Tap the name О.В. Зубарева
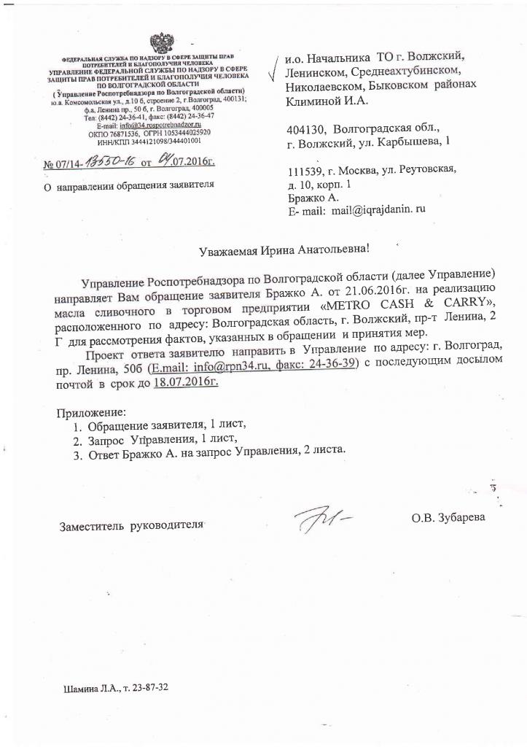click(x=447, y=518)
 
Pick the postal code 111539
click(x=306, y=170)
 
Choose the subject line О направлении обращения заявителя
click(x=129, y=185)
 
